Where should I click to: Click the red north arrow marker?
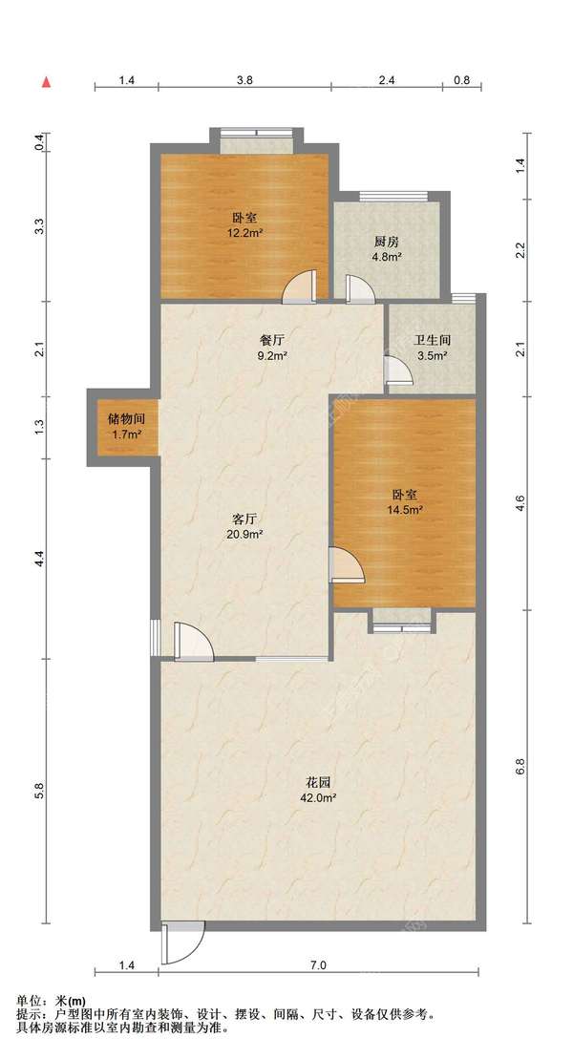[47, 82]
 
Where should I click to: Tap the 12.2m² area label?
[244, 233]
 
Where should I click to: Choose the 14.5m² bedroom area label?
[405, 510]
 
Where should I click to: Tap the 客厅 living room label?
[244, 519]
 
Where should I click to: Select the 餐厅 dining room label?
[271, 340]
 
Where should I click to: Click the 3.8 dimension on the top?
[244, 79]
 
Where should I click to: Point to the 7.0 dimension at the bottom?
[319, 965]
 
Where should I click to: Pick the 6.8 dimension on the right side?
[520, 767]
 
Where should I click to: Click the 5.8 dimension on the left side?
[39, 791]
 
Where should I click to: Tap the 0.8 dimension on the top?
[461, 79]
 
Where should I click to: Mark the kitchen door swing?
[359, 289]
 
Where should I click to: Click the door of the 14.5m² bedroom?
[347, 564]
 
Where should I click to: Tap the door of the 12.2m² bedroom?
[299, 287]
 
